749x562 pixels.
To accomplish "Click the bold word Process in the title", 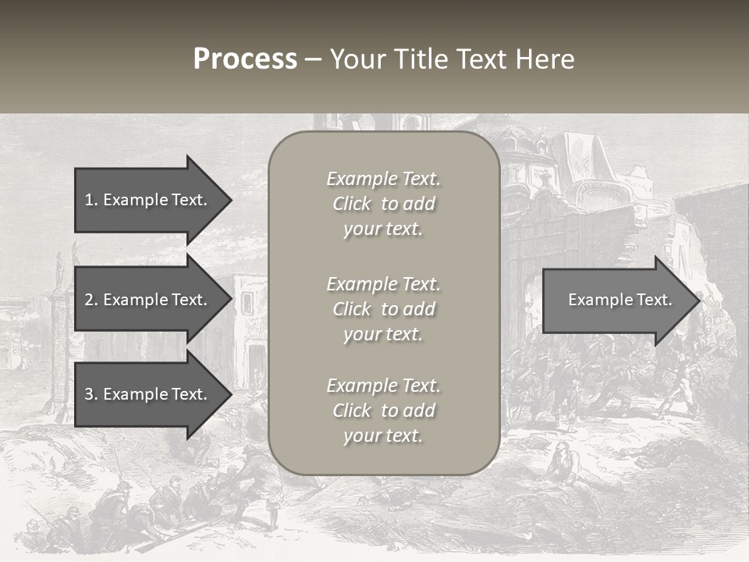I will click(x=245, y=59).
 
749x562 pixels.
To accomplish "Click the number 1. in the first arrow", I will click(x=91, y=200).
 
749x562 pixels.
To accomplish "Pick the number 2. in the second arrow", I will click(x=91, y=300).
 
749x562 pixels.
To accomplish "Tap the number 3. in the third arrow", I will click(x=91, y=394).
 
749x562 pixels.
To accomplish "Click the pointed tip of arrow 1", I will click(x=230, y=200).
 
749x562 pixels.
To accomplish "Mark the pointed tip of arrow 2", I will click(x=230, y=300).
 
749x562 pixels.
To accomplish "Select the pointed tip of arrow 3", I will click(x=230, y=394).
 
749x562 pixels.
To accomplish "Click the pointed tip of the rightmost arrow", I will click(x=698, y=301).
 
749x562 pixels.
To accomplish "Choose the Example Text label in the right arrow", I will click(x=619, y=300).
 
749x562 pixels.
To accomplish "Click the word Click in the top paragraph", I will click(x=352, y=205).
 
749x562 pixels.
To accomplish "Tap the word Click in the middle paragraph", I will click(x=352, y=309).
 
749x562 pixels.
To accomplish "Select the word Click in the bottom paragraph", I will click(x=352, y=411).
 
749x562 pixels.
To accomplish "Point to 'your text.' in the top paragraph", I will click(x=382, y=229).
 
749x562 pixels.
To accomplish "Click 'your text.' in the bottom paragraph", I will click(x=382, y=436).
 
